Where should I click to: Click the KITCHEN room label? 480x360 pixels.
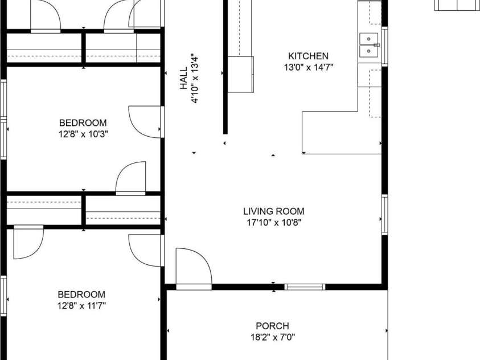(x=308, y=56)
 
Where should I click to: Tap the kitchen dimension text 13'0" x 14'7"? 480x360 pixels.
(x=308, y=67)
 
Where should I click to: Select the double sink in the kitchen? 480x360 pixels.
(x=369, y=46)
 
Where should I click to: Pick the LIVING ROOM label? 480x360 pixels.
(x=273, y=211)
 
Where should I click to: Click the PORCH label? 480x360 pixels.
(x=272, y=326)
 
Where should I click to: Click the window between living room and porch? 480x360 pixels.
(x=305, y=287)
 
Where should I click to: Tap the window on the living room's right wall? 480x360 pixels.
(x=385, y=214)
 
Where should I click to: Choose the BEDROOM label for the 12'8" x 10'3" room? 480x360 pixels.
(x=83, y=122)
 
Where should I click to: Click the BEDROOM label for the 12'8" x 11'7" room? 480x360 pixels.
(x=81, y=294)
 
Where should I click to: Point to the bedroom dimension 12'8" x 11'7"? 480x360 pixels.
(x=81, y=305)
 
